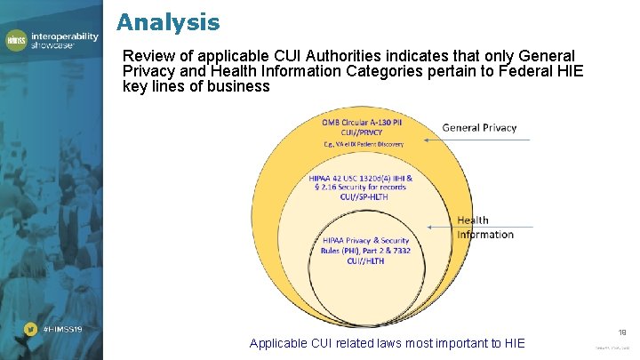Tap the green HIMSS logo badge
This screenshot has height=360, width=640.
17,40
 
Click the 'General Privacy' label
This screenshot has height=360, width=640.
479,128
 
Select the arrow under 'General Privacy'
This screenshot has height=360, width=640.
469,140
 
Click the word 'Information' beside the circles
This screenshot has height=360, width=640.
485,235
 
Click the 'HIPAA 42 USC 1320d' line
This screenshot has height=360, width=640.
361,178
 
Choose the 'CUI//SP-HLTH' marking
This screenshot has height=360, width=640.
361,196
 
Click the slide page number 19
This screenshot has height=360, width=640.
621,329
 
